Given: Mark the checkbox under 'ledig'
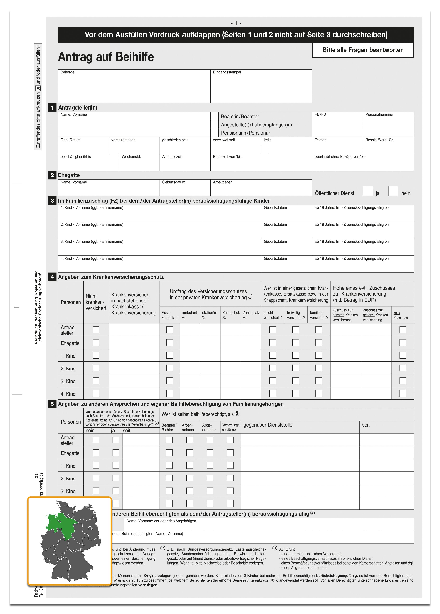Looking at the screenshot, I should (265, 150).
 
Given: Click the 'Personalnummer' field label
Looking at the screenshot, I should (379, 115).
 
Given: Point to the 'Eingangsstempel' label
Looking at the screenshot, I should (227, 72).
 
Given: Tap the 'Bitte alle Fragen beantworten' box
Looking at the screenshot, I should (363, 50).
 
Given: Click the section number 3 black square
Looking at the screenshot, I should (52, 201).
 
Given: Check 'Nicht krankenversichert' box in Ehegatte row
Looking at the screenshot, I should (96, 342).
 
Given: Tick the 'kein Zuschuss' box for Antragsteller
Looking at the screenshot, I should (402, 330).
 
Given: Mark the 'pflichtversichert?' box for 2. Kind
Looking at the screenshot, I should (272, 368).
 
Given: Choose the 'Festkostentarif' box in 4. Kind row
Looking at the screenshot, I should (169, 393).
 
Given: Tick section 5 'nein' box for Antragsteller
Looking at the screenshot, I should (96, 440).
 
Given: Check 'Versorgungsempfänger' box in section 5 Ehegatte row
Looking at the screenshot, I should (230, 453).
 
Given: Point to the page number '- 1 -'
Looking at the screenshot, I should (236, 23).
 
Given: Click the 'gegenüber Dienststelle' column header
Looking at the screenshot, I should (268, 425).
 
